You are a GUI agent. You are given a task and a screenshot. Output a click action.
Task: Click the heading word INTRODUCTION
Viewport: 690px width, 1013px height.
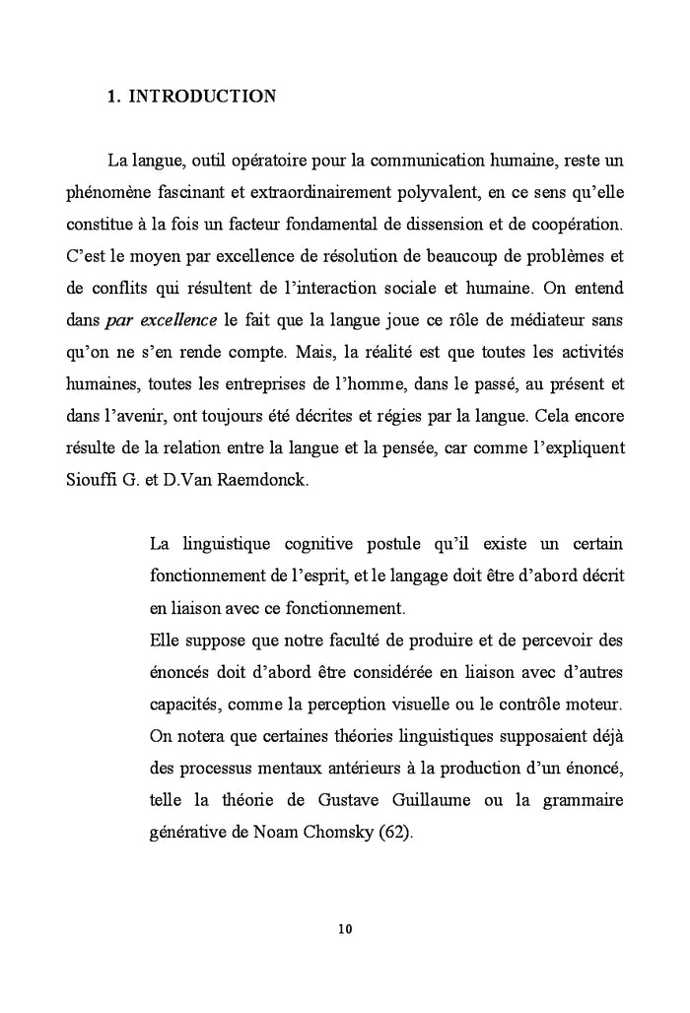click(203, 97)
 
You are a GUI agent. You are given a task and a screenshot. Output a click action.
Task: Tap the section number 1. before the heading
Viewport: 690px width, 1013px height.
click(112, 97)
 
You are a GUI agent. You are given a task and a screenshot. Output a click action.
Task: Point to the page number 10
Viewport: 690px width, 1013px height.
click(344, 929)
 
